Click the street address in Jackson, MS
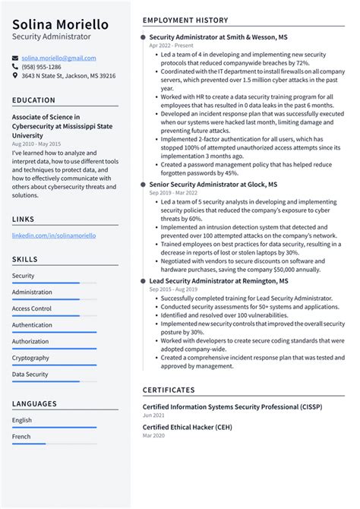point(68,76)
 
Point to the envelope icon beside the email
point(15,58)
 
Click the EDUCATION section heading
point(33,100)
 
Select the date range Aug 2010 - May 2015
point(37,144)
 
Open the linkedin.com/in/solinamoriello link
point(54,236)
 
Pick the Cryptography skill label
point(30,358)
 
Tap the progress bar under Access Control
point(54,315)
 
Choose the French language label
point(22,437)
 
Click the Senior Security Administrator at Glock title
point(213,185)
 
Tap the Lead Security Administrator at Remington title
point(219,281)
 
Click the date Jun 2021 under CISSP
point(153,416)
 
